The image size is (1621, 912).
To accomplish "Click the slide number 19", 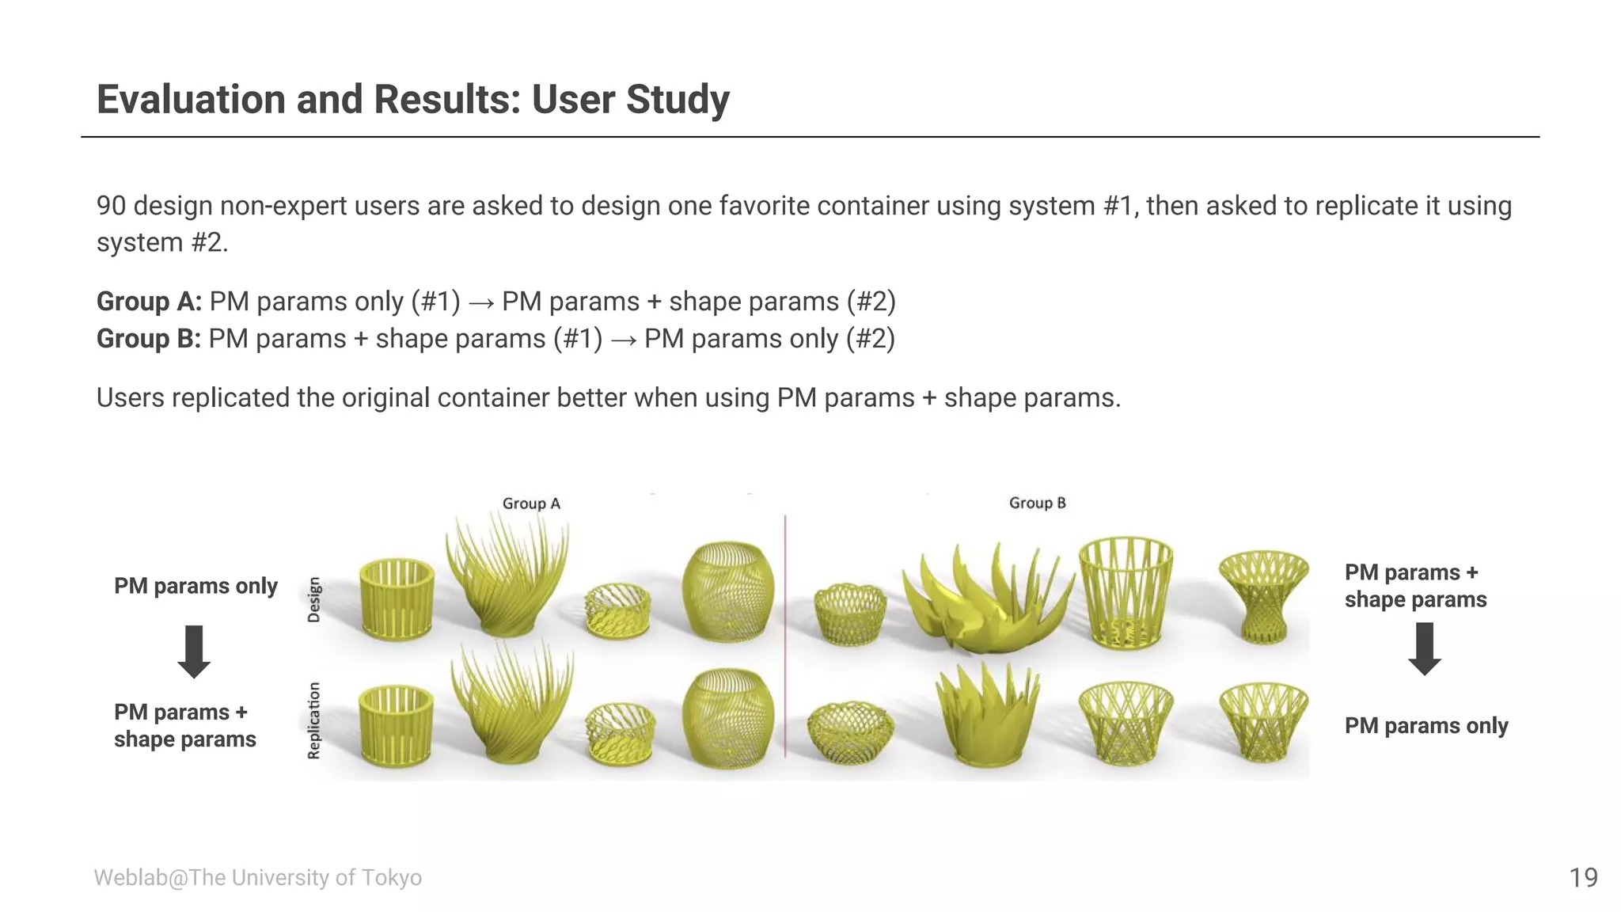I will click(1583, 877).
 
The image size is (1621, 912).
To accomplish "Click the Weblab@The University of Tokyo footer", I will click(257, 877).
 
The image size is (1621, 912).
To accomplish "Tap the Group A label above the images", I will click(531, 503).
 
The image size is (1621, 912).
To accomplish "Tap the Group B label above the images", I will click(1037, 503).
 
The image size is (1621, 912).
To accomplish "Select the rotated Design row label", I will click(314, 599).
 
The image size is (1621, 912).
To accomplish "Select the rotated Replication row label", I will click(314, 720).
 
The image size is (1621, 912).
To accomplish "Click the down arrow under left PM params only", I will click(194, 652).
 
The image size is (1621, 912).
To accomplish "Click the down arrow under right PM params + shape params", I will click(1425, 648).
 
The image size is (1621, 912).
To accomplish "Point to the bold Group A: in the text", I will click(149, 302).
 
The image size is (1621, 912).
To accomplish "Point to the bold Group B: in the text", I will click(148, 339).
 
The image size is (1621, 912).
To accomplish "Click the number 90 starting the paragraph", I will click(111, 206).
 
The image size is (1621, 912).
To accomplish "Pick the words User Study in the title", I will click(630, 100).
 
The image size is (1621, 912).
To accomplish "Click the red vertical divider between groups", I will click(785, 633).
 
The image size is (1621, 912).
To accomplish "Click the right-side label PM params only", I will click(1425, 725).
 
